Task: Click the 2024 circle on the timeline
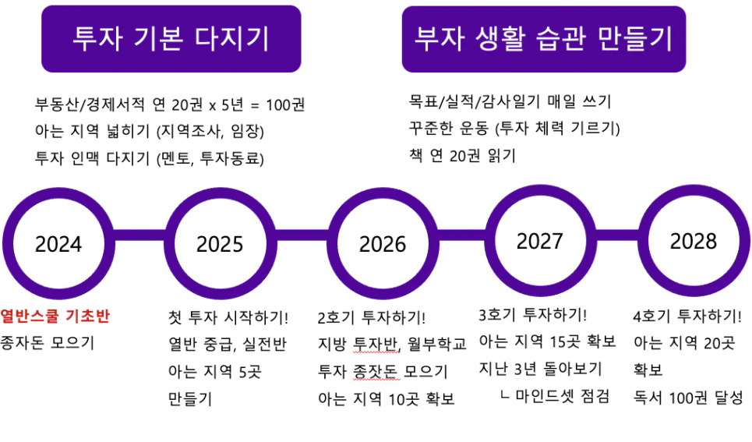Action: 58,193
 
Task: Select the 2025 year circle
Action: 220,193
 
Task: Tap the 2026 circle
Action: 383,193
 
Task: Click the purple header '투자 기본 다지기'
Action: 171,39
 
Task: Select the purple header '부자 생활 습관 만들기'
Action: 544,39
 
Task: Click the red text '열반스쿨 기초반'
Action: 55,316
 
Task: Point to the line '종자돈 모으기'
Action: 47,343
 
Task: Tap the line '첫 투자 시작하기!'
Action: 228,317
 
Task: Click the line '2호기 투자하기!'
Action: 372,317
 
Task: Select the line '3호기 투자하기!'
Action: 533,315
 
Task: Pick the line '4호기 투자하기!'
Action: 687,316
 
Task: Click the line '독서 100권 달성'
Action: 688,398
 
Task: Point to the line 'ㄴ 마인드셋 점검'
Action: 554,396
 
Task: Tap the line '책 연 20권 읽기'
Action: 462,155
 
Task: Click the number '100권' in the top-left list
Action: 285,104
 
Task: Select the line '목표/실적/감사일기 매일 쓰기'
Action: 510,101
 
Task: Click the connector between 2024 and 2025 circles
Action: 139,235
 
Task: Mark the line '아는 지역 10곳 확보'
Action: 386,399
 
